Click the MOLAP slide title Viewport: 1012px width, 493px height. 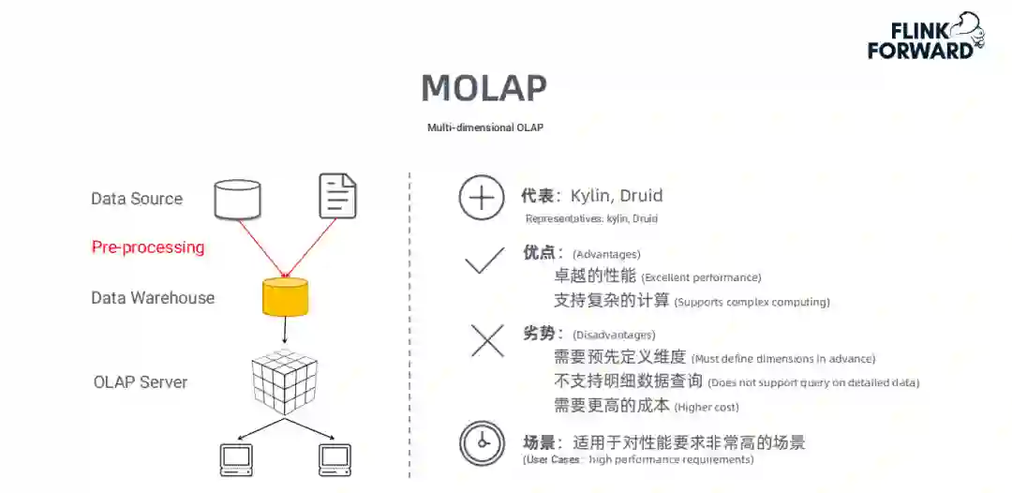(484, 88)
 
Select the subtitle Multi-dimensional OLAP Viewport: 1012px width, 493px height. (484, 127)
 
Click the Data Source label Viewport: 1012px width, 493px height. (137, 199)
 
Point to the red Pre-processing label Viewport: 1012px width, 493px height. (148, 247)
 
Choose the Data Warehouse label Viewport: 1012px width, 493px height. (153, 298)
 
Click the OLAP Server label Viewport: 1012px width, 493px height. (141, 382)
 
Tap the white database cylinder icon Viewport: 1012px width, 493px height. (237, 198)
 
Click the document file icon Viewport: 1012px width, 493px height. (337, 197)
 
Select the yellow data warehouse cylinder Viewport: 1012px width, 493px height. (285, 296)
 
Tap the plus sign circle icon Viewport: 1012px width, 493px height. (482, 198)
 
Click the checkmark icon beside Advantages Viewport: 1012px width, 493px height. (484, 261)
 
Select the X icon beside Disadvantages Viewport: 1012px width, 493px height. (486, 339)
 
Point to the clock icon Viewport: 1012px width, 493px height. (483, 443)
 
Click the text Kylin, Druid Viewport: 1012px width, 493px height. (616, 197)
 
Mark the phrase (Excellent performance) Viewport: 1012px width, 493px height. (701, 277)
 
